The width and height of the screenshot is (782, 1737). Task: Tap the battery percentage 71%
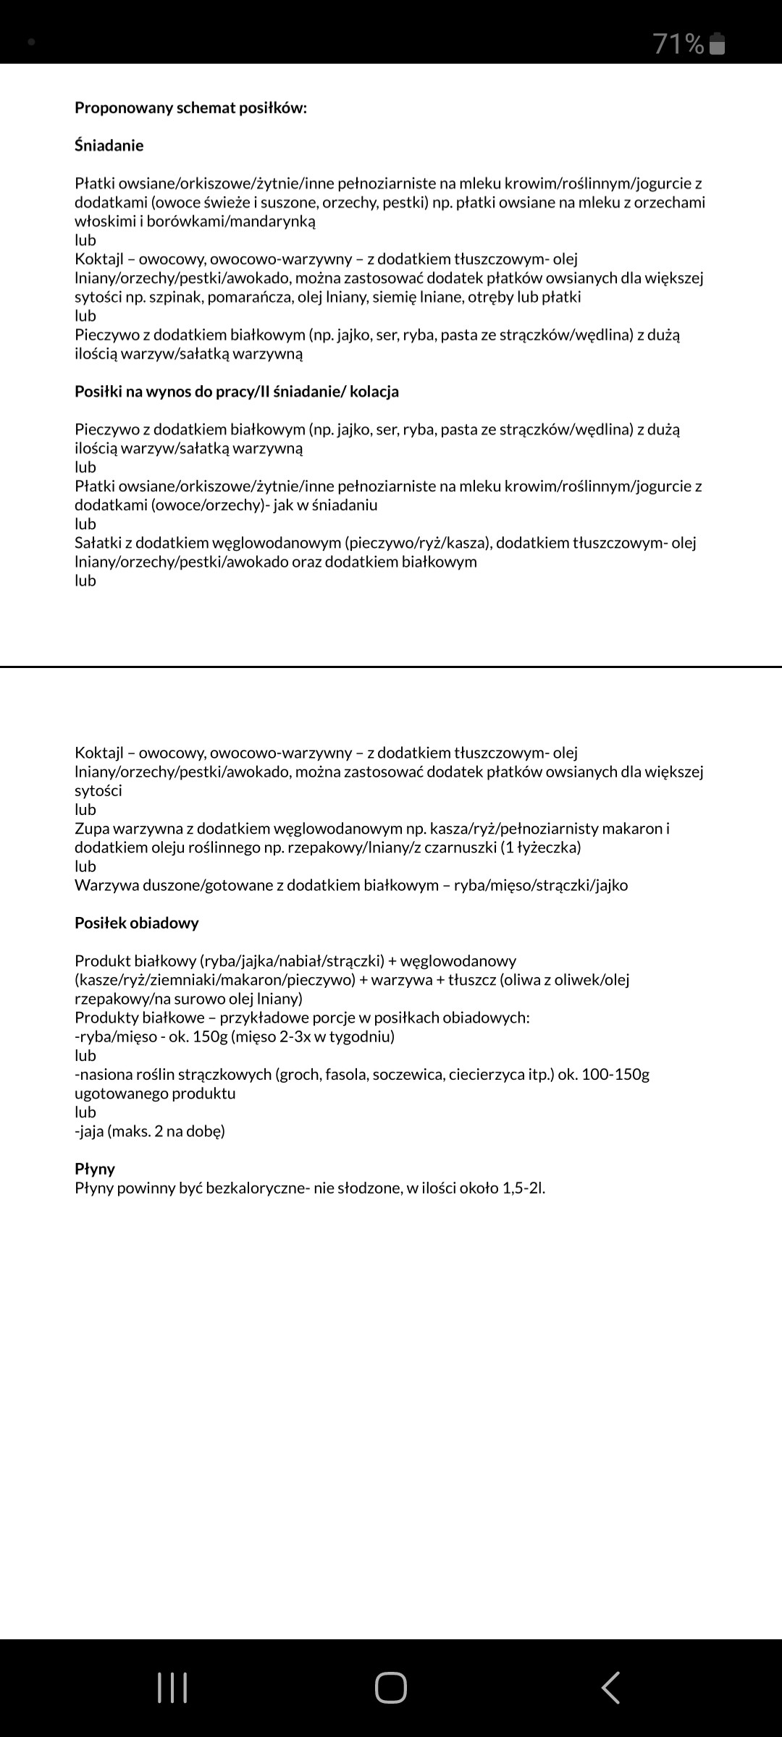click(x=678, y=44)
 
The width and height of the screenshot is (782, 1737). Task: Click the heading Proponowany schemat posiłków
click(x=190, y=108)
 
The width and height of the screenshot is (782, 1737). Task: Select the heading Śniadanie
click(x=109, y=145)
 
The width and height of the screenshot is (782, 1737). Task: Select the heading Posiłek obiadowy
click(x=136, y=923)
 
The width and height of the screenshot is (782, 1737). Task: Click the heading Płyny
click(x=95, y=1169)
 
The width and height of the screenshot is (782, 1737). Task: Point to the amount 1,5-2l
click(x=524, y=1188)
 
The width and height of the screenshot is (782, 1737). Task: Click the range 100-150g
click(x=615, y=1074)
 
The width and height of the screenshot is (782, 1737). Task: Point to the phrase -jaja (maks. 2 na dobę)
click(x=150, y=1130)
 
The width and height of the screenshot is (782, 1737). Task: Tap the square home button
click(x=391, y=1689)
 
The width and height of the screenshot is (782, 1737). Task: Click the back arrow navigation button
click(x=610, y=1689)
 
